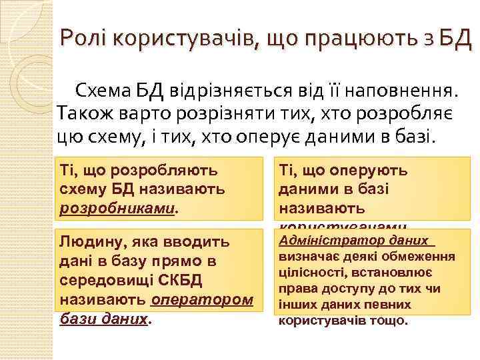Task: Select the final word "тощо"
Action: (387, 321)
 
